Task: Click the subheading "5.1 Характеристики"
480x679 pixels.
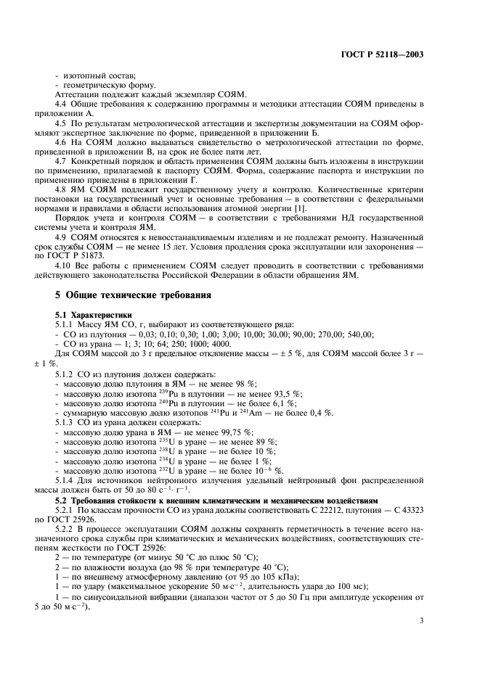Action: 92,313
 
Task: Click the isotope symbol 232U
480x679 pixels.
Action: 165,470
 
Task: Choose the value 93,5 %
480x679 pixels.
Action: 287,392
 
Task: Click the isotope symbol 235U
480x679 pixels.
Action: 165,441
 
